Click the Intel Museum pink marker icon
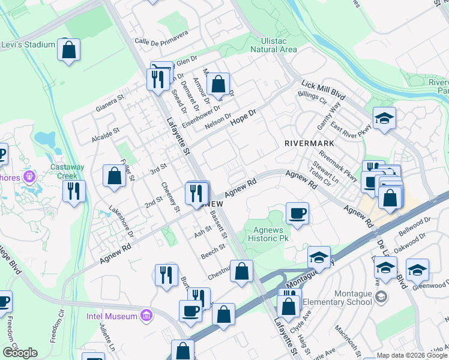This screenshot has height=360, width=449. [146, 314]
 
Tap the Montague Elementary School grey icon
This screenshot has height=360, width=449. [381, 296]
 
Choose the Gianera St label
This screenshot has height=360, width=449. [109, 101]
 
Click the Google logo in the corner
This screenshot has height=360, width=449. [20, 353]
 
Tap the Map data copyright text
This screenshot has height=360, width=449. [412, 355]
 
